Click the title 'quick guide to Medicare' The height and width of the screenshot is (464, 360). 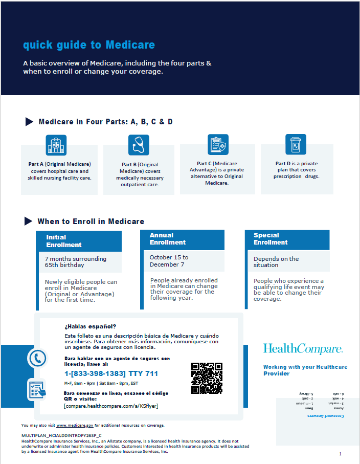89,45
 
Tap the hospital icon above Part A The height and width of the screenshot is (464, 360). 56,145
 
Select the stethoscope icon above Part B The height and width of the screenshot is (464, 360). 139,145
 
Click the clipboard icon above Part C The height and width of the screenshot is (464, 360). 218,145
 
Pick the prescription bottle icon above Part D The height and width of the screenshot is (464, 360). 296,144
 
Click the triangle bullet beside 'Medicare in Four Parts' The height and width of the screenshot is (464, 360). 29,121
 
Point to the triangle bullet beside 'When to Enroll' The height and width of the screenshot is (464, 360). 29,221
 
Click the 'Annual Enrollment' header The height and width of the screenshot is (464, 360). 168,239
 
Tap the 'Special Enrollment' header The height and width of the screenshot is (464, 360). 271,239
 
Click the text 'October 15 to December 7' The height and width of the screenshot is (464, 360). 169,261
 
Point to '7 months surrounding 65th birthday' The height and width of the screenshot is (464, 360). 76,262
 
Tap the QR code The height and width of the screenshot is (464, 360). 207,378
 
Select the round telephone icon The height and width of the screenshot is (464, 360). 37,358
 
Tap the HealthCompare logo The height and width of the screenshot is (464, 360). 303,349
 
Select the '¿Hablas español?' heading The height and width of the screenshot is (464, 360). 91,326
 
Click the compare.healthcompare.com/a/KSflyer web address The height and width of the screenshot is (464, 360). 111,406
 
